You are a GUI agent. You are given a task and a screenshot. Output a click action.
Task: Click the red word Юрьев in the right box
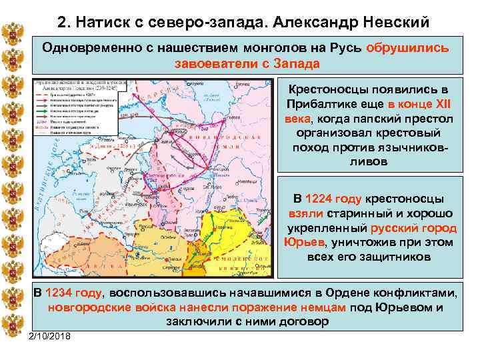[304, 242]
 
